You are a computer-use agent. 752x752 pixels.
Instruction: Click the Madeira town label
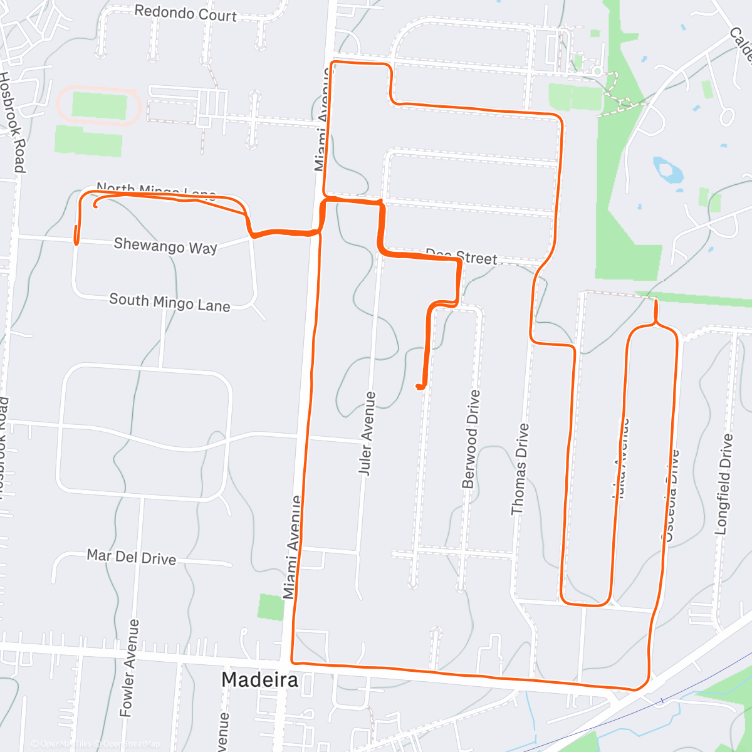click(x=259, y=679)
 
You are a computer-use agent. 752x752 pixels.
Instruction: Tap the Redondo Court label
click(x=185, y=14)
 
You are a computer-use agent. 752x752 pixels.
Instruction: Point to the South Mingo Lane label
click(x=170, y=303)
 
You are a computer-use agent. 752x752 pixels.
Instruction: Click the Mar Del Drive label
click(x=131, y=556)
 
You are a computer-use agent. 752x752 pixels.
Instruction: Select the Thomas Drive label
click(x=520, y=469)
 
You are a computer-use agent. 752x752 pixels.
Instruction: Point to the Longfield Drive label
click(x=724, y=484)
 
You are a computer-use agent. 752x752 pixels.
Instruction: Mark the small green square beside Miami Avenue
click(x=271, y=607)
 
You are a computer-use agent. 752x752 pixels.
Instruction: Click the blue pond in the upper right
click(x=668, y=170)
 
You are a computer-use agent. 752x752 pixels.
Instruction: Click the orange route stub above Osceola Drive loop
click(x=655, y=310)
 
